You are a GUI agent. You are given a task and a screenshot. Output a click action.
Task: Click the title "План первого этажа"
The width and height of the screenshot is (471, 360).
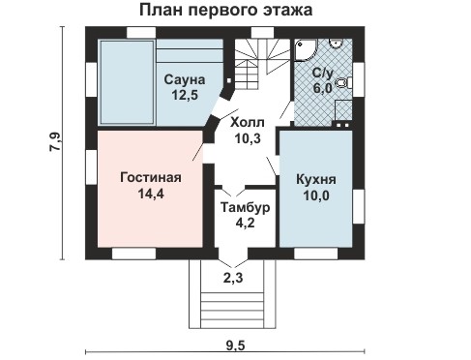pyautogui.click(x=225, y=11)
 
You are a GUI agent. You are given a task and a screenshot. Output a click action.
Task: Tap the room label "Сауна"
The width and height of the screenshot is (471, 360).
pyautogui.click(x=185, y=79)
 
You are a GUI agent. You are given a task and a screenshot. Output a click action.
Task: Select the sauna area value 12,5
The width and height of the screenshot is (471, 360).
pyautogui.click(x=185, y=96)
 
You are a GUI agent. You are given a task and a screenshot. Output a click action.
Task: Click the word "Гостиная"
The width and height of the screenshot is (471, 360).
pyautogui.click(x=151, y=178)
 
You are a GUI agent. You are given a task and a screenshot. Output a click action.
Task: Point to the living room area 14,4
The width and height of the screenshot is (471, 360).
pyautogui.click(x=151, y=194)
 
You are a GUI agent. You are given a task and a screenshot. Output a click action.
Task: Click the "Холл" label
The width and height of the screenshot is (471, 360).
pyautogui.click(x=248, y=123)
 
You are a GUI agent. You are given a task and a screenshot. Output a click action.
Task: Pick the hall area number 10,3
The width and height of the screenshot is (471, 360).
pyautogui.click(x=248, y=138)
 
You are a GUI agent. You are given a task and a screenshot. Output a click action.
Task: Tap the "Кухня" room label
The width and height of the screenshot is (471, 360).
pyautogui.click(x=316, y=180)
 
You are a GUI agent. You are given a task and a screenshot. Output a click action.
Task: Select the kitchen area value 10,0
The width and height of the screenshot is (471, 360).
pyautogui.click(x=316, y=195)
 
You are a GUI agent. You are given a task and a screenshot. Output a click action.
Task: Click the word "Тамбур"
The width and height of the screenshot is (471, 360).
pyautogui.click(x=245, y=207)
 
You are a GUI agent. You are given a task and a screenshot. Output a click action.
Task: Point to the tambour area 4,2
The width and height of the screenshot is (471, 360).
pyautogui.click(x=245, y=223)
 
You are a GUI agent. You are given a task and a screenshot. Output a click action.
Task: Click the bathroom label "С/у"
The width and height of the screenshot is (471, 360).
pyautogui.click(x=322, y=74)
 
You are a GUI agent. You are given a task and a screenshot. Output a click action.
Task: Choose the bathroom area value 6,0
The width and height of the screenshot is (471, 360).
pyautogui.click(x=322, y=88)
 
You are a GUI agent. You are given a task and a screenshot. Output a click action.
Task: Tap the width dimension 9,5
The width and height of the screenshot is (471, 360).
pyautogui.click(x=235, y=346)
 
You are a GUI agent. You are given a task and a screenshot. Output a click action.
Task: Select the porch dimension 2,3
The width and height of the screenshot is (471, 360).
pyautogui.click(x=233, y=278)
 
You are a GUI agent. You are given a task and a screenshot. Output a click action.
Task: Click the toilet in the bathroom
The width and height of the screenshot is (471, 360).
pyautogui.click(x=343, y=83)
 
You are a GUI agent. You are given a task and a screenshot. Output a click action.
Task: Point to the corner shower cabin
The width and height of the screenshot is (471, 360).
pyautogui.click(x=306, y=50)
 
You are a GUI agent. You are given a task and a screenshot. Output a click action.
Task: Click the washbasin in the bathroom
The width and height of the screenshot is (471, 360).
pyautogui.click(x=336, y=44)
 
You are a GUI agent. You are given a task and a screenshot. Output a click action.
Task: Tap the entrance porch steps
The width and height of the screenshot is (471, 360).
pyautogui.click(x=232, y=310)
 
